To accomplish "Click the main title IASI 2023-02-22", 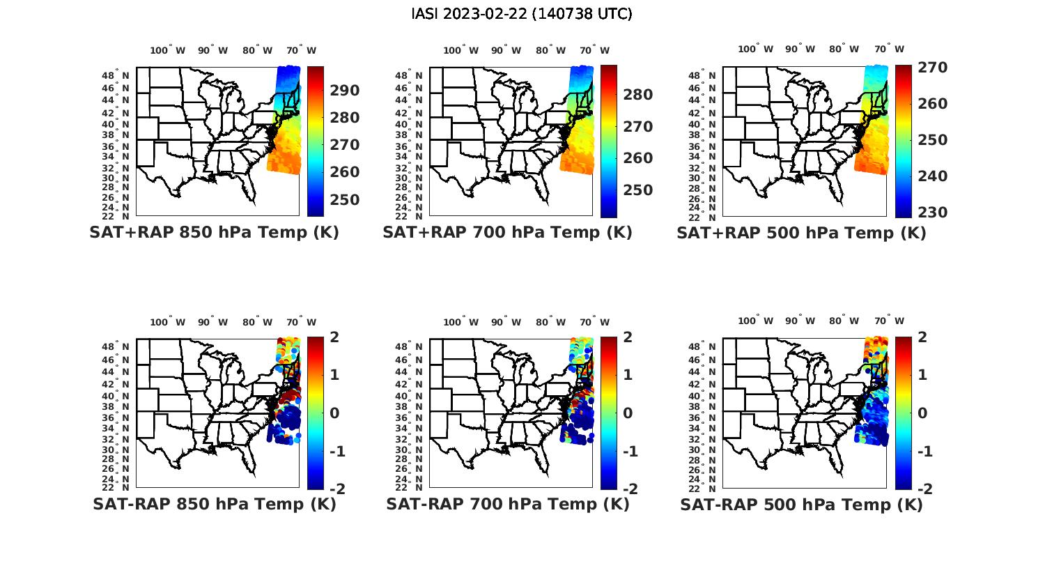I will pos(522,14).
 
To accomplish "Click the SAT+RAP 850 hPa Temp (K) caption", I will pos(214,233).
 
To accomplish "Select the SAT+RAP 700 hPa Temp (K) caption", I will pos(507,233).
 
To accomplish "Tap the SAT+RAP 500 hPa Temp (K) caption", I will pos(801,233).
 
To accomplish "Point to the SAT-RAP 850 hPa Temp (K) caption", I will pos(214,505).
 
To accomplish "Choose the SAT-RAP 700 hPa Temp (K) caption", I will pos(507,505).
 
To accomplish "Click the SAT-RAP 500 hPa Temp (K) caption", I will pos(801,505).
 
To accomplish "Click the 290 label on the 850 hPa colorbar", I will pos(344,91).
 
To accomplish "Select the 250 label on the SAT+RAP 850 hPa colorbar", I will pos(344,200).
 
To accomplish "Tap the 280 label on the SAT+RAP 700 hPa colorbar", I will pos(637,95).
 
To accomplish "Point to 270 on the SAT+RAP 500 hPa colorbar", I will pos(933,68).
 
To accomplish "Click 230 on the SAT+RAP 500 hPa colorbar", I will pos(933,213).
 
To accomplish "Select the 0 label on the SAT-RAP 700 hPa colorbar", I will pos(628,413).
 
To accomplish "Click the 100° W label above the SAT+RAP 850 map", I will pos(168,50).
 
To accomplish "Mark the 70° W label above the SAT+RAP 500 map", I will pos(890,49).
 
